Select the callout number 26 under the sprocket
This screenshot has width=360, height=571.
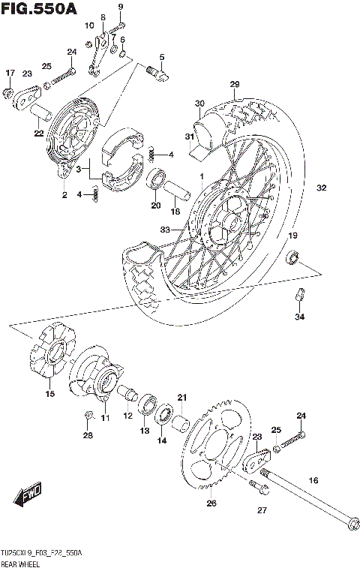coord(211,503)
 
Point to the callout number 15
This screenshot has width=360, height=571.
coord(49,394)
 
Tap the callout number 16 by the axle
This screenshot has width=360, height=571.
coord(313,479)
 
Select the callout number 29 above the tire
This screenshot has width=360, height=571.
coord(234,83)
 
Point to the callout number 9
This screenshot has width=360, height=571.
coord(120,7)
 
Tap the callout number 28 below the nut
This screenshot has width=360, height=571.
coord(88,435)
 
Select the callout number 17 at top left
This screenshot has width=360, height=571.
coord(10,72)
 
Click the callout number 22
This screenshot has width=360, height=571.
coord(38,134)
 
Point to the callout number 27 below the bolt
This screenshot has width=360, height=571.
coord(261,510)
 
